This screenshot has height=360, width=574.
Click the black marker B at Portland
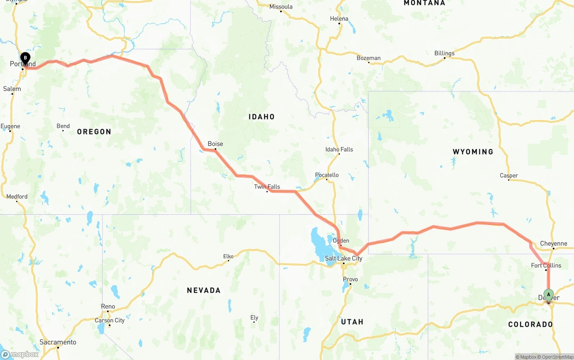(26, 58)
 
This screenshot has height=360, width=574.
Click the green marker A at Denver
(548, 295)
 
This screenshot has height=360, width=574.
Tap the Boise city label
(215, 144)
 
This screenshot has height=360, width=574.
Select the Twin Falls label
(267, 187)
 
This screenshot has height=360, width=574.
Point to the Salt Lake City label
(344, 258)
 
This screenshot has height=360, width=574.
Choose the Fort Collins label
(546, 265)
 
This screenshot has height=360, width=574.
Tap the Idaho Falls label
(339, 149)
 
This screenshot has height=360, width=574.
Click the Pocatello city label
(327, 175)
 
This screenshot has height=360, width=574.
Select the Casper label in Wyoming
(509, 175)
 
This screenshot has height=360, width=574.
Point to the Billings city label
(444, 53)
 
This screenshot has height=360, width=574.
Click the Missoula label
(281, 6)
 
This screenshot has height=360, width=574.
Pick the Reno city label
(108, 307)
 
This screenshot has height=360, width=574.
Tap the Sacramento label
(58, 342)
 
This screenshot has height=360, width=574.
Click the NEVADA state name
(204, 291)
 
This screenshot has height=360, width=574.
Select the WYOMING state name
(473, 152)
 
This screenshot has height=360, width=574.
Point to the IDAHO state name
(261, 117)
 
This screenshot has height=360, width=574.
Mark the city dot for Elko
(228, 261)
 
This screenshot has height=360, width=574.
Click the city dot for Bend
(63, 130)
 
